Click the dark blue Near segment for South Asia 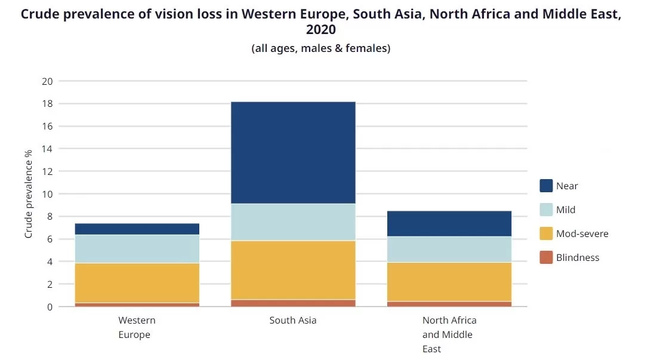pos(292,153)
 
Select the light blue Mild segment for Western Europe pos(137,248)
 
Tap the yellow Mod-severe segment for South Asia pos(292,270)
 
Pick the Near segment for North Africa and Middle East pos(449,223)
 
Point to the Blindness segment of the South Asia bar pos(292,303)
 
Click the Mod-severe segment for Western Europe pos(137,283)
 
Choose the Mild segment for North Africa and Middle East pos(449,249)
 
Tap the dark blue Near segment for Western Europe pos(137,229)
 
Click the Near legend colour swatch pos(546,186)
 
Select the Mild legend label pos(566,210)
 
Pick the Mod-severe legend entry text pos(582,233)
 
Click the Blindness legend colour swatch pos(546,257)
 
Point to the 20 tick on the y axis pos(47,81)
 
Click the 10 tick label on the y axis pos(47,194)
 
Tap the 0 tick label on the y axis pos(50,307)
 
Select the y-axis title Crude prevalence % pos(28,194)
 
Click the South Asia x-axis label pos(292,321)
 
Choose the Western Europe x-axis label pos(137,327)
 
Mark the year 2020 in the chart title pos(321,30)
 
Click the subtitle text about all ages pos(321,48)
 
